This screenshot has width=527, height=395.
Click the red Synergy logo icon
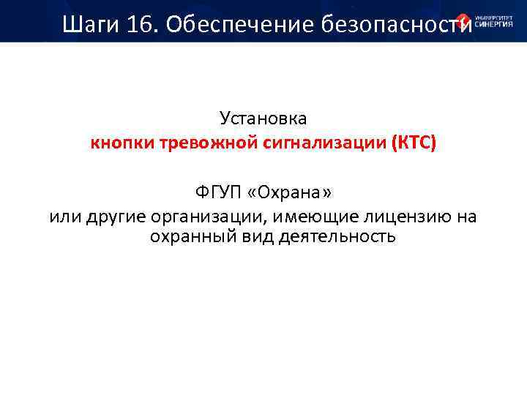463,21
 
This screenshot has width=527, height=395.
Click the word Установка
263,118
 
